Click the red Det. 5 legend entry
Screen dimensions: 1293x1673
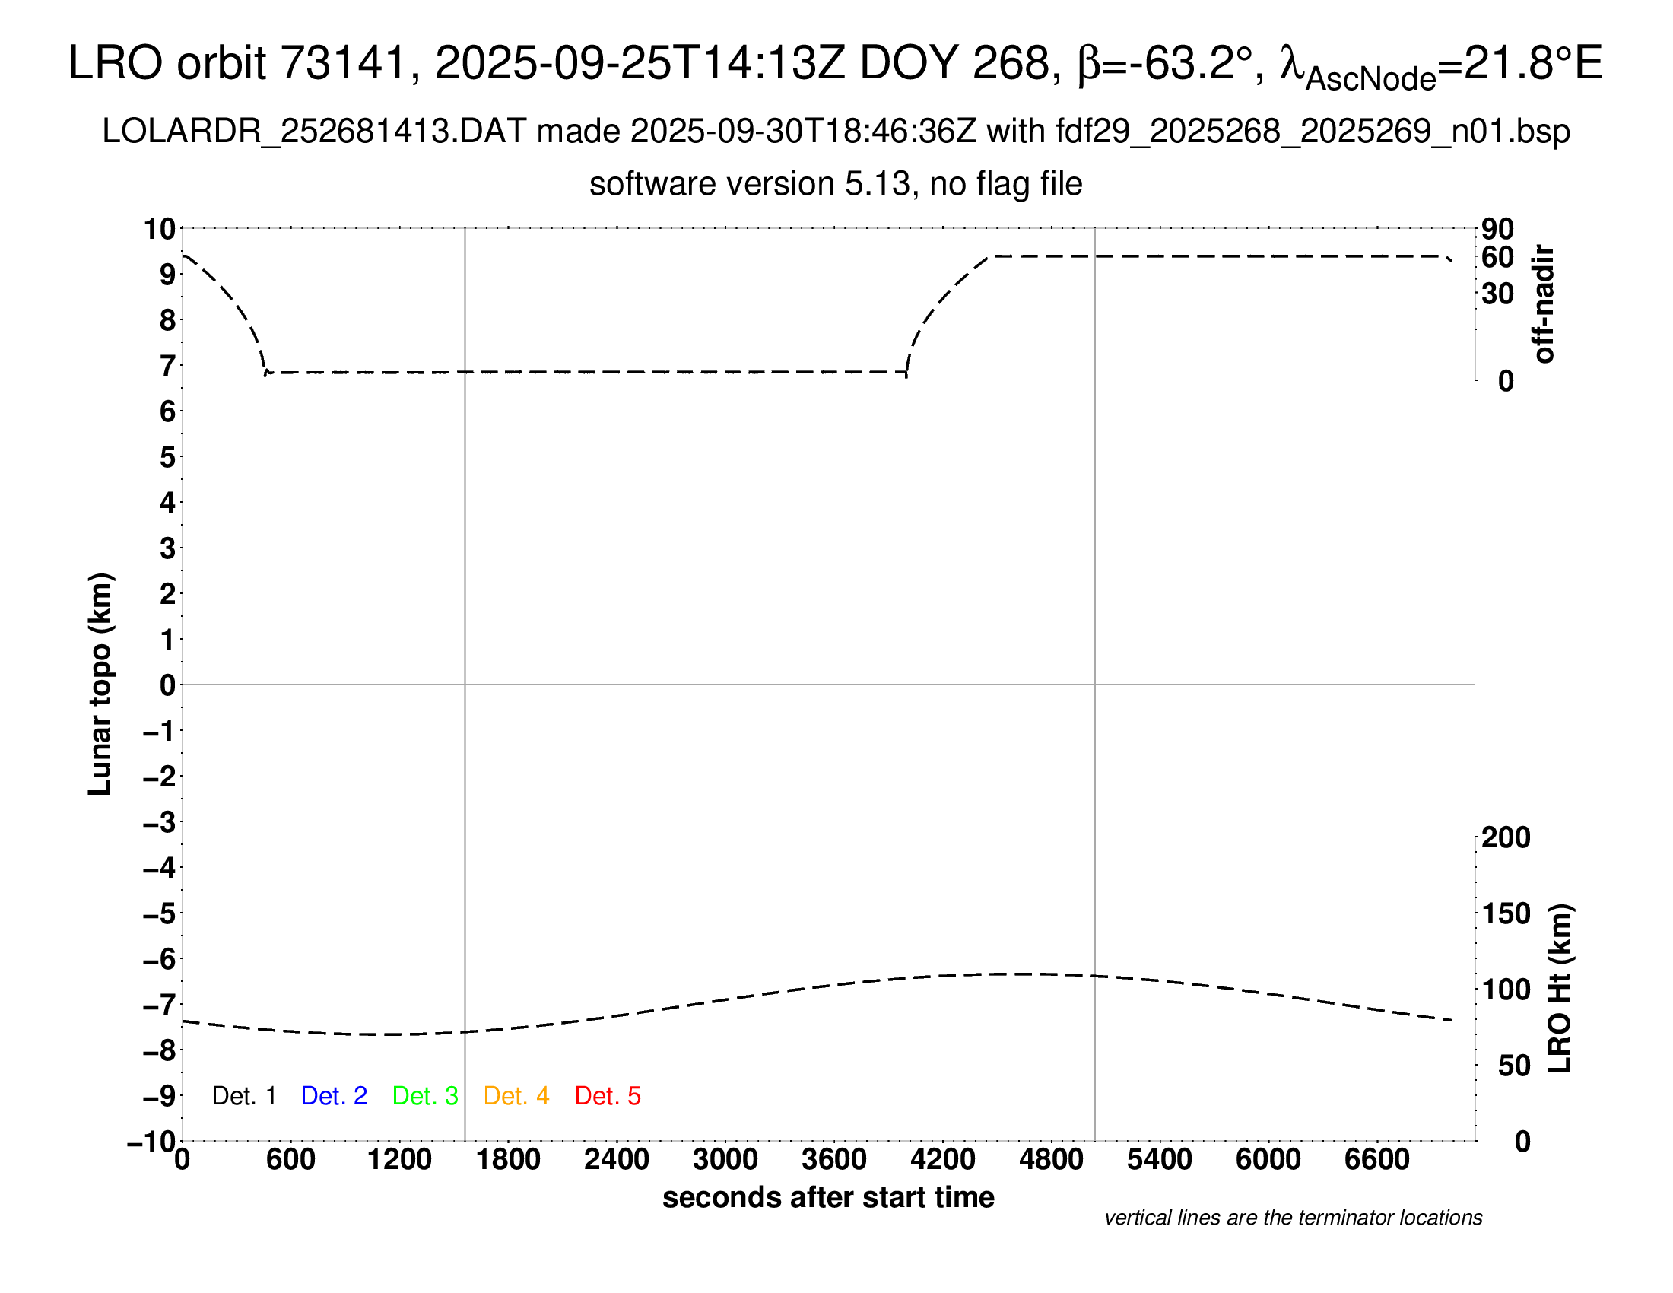[x=608, y=1096]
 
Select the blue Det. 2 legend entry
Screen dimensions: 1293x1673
[x=334, y=1096]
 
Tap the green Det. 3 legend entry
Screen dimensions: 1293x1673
[x=425, y=1096]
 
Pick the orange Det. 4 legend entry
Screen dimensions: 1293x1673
[x=516, y=1096]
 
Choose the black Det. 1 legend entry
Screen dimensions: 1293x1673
[x=243, y=1096]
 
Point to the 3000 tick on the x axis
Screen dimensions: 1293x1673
[x=725, y=1160]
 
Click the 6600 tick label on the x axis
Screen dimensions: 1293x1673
[x=1376, y=1160]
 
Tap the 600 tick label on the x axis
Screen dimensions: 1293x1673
[x=290, y=1160]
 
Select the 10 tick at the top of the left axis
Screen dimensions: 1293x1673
[x=160, y=228]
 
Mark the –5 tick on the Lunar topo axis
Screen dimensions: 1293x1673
[x=160, y=913]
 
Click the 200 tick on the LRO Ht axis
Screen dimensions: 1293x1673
[x=1506, y=837]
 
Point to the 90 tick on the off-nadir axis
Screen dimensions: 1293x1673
[x=1497, y=228]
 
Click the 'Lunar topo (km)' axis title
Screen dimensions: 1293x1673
[x=100, y=684]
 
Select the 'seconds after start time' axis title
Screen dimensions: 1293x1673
[x=828, y=1197]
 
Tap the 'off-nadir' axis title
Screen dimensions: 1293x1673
[x=1544, y=304]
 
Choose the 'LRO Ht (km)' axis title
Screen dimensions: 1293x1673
[x=1560, y=989]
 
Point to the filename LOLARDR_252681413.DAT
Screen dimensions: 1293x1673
[x=314, y=132]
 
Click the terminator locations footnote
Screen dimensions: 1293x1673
[x=1293, y=1218]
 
